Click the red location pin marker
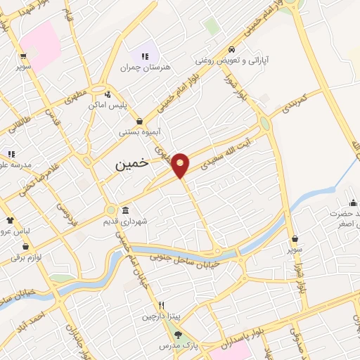pos(181,164)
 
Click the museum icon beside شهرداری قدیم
pos(125,211)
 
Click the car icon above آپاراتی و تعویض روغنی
pos(231,50)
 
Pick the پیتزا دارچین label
pos(162,316)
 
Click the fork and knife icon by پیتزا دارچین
pos(162,306)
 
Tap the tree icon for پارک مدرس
pos(177,335)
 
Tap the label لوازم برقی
pos(26,257)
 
